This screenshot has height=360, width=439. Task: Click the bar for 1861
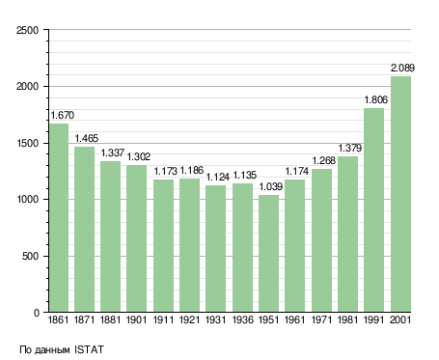[59, 218]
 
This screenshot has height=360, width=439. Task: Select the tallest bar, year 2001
[400, 194]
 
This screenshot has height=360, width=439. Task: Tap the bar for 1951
[268, 254]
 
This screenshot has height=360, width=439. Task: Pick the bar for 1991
[374, 210]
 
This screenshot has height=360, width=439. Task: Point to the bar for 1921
[189, 245]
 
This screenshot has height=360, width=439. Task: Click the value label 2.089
[402, 68]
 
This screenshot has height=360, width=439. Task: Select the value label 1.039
[271, 186]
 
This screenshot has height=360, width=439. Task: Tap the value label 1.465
[87, 138]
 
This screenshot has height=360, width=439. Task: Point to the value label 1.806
[376, 99]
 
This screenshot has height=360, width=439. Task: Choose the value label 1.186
[192, 170]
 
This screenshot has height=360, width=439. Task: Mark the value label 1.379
[350, 148]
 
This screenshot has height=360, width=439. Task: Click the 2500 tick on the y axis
[27, 30]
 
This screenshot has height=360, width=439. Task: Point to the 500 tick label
[30, 257]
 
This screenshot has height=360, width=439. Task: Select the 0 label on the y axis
[37, 313]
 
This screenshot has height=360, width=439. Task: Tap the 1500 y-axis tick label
[27, 144]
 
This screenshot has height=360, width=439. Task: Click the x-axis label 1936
[242, 319]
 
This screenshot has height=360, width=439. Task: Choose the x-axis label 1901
[136, 319]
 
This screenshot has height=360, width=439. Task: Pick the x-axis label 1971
[321, 319]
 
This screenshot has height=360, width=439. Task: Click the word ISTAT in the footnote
[89, 349]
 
